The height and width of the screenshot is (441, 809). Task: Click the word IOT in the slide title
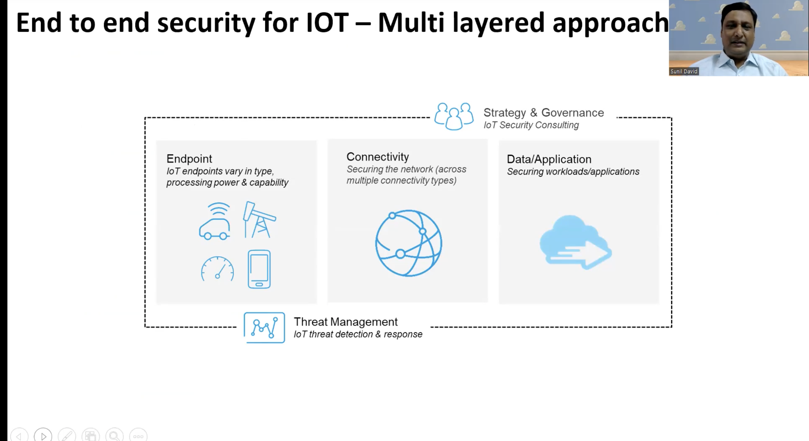tap(327, 23)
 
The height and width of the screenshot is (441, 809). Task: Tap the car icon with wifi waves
tap(215, 221)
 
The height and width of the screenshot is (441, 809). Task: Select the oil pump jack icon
tap(259, 220)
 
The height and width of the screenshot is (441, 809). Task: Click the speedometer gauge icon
tap(217, 269)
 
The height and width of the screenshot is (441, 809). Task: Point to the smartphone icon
tap(259, 269)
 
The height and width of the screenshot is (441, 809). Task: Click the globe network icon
tap(409, 243)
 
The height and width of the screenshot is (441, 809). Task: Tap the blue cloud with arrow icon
tap(576, 242)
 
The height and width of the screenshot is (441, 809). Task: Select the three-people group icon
tap(454, 116)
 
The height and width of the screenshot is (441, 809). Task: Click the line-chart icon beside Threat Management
tap(264, 327)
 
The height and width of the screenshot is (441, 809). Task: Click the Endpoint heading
tap(189, 159)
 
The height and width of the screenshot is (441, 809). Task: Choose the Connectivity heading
tap(378, 157)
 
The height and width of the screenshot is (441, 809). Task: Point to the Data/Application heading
tap(549, 159)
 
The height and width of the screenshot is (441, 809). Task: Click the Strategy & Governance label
tap(543, 112)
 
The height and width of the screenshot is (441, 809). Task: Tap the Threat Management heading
tap(346, 322)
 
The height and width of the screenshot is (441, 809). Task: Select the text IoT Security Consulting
tap(531, 125)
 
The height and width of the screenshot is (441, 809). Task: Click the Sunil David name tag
tap(684, 71)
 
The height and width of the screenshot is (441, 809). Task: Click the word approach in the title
tap(610, 23)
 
